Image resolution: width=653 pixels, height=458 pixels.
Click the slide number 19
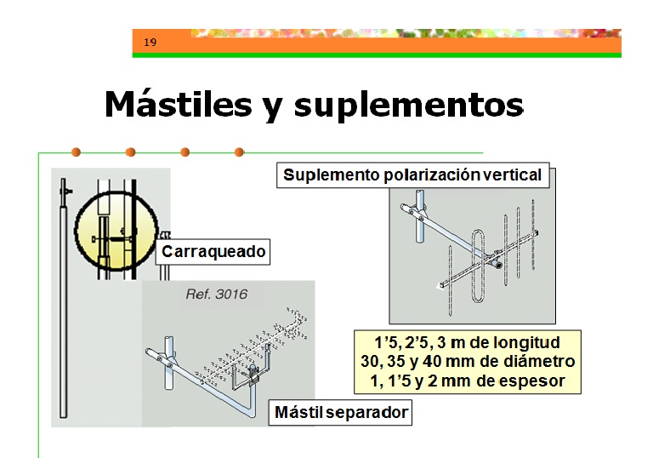(150, 42)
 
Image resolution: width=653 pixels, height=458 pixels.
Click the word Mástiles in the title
(179, 104)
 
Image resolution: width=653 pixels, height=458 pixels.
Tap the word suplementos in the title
(408, 106)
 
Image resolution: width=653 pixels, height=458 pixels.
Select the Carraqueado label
(213, 251)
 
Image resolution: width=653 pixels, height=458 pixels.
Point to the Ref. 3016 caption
(217, 294)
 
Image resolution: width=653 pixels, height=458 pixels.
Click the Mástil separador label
(341, 413)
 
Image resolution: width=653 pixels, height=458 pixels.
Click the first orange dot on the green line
(76, 152)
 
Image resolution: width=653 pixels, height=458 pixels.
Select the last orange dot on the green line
(239, 152)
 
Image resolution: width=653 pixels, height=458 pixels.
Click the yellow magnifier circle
(116, 231)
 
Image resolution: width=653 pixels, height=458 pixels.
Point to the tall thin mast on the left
(63, 298)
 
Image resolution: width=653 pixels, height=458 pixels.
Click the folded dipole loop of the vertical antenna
(479, 266)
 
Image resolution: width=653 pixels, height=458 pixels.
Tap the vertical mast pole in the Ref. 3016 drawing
(168, 363)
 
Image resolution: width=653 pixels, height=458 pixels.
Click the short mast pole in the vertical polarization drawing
(420, 216)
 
